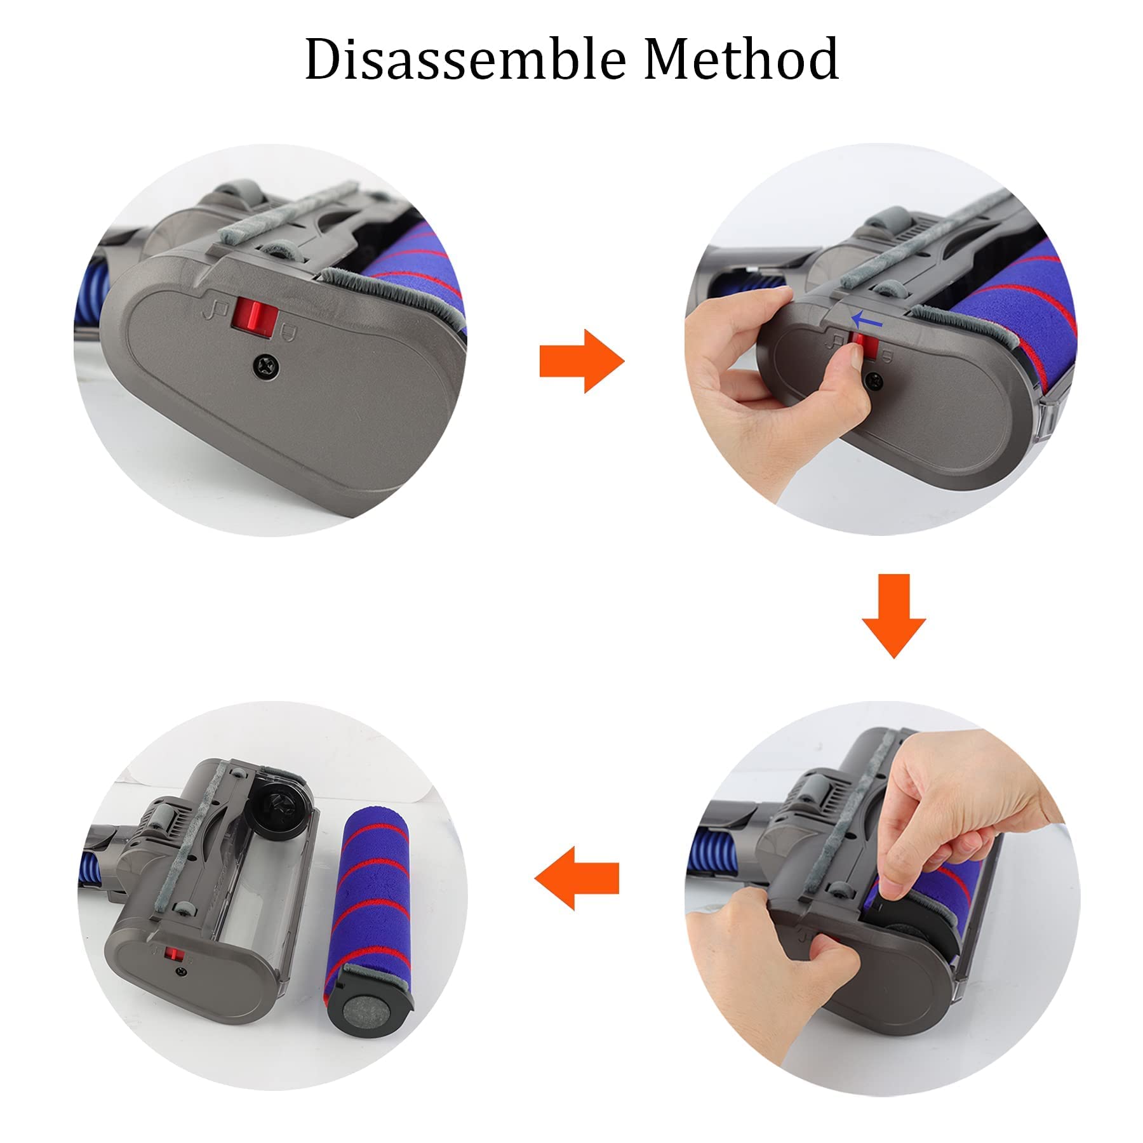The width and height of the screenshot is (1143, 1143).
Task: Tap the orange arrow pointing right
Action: click(x=582, y=361)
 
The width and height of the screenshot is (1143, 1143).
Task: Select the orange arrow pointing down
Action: click(x=893, y=615)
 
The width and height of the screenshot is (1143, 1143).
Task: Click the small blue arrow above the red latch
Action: click(x=867, y=319)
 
